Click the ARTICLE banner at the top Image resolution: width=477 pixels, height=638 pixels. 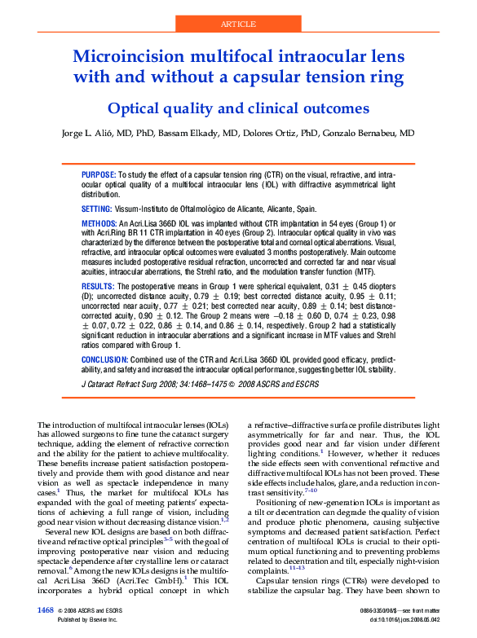238,24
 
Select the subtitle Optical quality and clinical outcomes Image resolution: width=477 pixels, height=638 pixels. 238,108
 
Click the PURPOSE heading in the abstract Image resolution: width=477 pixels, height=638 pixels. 99,175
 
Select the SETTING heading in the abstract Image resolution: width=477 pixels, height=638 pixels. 97,209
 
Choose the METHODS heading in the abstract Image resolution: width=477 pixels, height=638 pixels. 99,223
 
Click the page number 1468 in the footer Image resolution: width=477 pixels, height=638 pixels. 46,610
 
